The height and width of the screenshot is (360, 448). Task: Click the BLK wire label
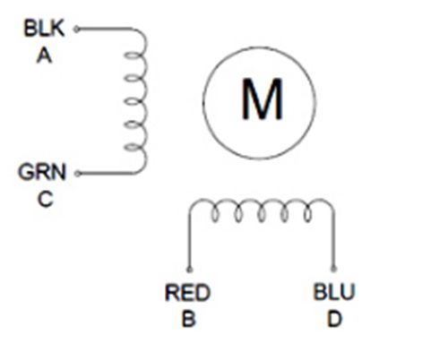point(44,29)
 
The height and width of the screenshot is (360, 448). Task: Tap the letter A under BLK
point(44,56)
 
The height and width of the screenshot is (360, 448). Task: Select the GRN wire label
point(42,172)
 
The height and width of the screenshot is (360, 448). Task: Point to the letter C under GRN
point(46,199)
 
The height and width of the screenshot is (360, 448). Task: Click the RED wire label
point(187,293)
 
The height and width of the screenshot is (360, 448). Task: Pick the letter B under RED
point(188,319)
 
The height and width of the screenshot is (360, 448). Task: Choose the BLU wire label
point(334,292)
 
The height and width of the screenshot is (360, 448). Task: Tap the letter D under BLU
point(334,319)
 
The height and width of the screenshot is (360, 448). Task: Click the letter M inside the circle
point(262,99)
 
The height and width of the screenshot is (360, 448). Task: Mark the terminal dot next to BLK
point(77,30)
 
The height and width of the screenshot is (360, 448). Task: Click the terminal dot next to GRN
point(77,174)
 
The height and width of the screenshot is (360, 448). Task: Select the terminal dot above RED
point(189,270)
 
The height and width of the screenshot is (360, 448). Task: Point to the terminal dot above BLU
point(334,270)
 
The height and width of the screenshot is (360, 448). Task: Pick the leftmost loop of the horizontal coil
point(215,215)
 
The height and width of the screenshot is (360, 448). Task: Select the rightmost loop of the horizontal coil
point(307,215)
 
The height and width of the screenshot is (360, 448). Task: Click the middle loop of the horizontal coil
point(262,215)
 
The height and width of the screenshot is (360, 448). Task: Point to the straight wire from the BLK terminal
point(105,29)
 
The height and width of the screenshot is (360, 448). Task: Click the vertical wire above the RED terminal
point(189,239)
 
